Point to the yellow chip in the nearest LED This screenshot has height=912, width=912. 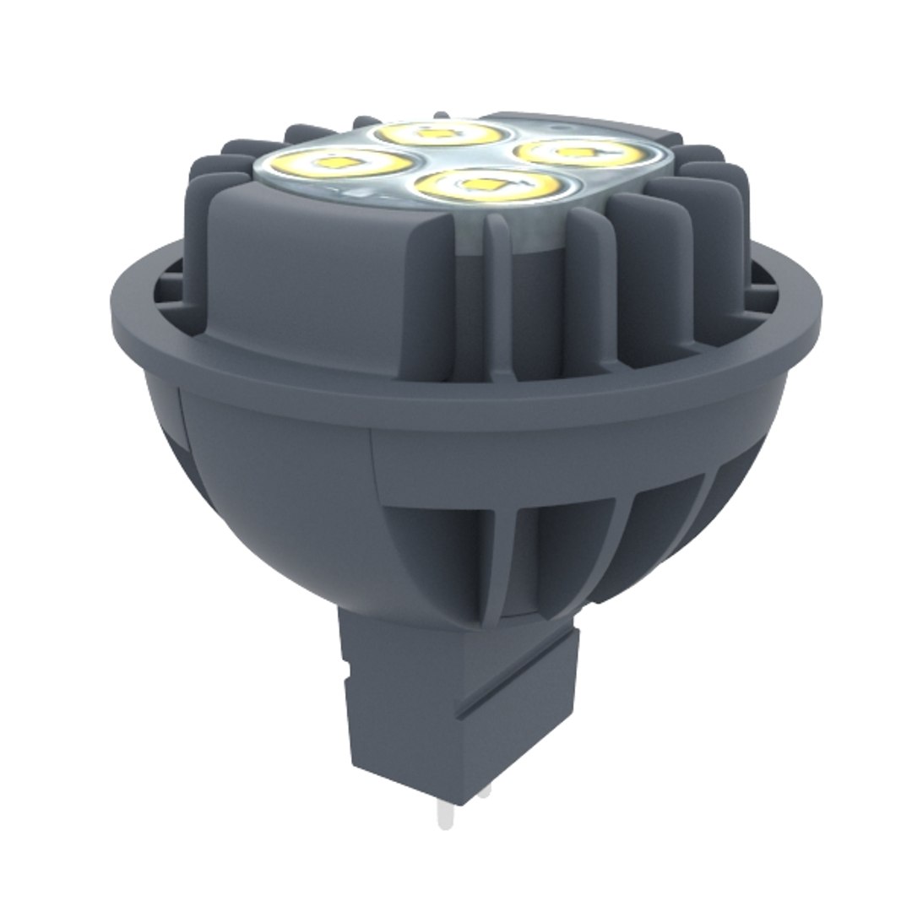pyautogui.click(x=484, y=182)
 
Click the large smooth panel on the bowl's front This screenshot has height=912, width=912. pyautogui.click(x=279, y=490)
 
